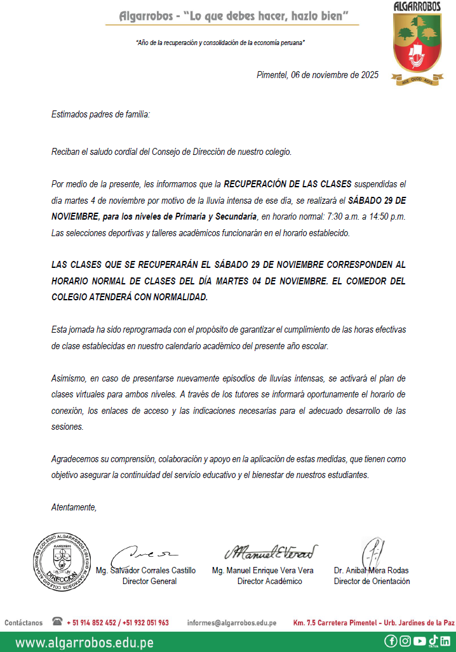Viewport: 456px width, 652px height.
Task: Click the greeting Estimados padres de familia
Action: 100,115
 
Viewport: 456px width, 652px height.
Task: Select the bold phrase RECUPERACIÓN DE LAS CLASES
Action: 287,184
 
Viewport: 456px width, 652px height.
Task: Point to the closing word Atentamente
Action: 74,507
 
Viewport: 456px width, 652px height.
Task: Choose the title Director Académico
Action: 269,581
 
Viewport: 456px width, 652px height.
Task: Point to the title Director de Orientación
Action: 372,581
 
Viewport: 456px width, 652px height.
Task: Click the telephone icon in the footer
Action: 57,622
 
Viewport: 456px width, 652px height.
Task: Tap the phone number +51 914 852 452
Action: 94,623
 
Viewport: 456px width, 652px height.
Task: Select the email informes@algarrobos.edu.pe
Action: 231,623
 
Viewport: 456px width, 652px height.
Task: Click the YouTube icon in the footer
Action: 419,641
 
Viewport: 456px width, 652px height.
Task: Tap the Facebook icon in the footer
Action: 391,641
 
